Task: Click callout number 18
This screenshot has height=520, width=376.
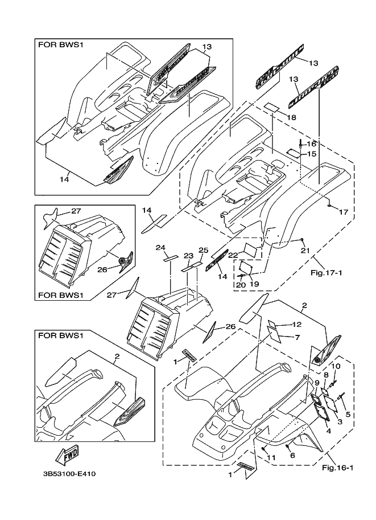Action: pyautogui.click(x=291, y=117)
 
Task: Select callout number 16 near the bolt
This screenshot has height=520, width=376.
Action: pyautogui.click(x=312, y=144)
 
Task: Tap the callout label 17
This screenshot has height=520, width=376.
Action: pyautogui.click(x=344, y=212)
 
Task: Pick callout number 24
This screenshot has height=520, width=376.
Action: pyautogui.click(x=160, y=248)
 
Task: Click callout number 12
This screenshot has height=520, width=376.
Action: pyautogui.click(x=296, y=325)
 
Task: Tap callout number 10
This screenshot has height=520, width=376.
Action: pyautogui.click(x=336, y=366)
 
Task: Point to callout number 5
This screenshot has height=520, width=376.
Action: pyautogui.click(x=348, y=414)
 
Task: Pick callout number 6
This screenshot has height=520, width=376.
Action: pyautogui.click(x=292, y=456)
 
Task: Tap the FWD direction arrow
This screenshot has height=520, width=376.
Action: pyautogui.click(x=68, y=455)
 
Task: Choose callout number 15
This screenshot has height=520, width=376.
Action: pyautogui.click(x=312, y=154)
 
